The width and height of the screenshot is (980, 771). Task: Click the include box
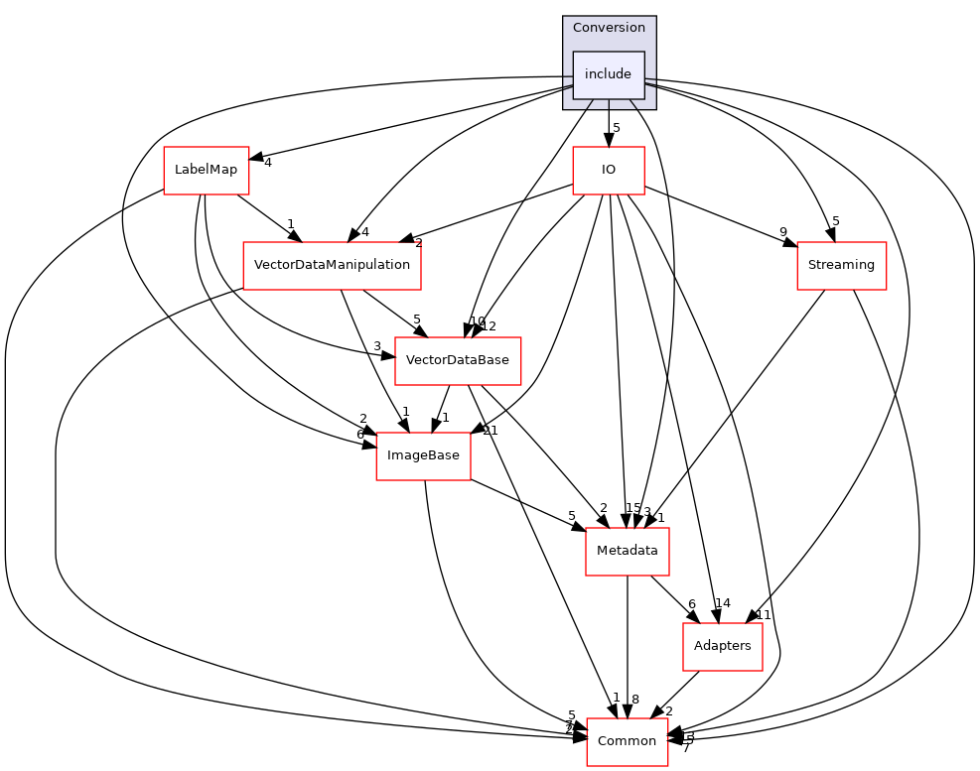tap(608, 74)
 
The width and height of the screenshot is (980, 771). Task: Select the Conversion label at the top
tap(609, 28)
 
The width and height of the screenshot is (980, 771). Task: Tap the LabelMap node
tap(206, 170)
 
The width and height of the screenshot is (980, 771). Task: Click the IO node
tap(609, 170)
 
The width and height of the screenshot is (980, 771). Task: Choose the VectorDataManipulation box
tap(332, 265)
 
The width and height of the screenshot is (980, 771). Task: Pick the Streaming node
tap(841, 265)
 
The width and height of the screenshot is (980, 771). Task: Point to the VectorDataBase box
tap(458, 361)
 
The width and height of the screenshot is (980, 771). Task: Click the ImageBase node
tap(423, 455)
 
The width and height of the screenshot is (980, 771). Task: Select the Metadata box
tap(627, 551)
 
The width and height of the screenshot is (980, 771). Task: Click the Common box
tap(627, 741)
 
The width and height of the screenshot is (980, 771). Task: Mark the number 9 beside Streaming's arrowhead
tap(782, 233)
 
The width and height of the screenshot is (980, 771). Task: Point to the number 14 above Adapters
tap(723, 602)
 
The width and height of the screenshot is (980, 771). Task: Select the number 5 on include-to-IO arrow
tap(617, 127)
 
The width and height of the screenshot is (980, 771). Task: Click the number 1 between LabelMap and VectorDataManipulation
tap(289, 223)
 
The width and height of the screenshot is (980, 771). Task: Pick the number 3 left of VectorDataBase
tap(377, 345)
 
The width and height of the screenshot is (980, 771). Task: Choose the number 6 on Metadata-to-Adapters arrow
tap(691, 603)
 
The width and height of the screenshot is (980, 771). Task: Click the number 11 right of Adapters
tap(764, 614)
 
